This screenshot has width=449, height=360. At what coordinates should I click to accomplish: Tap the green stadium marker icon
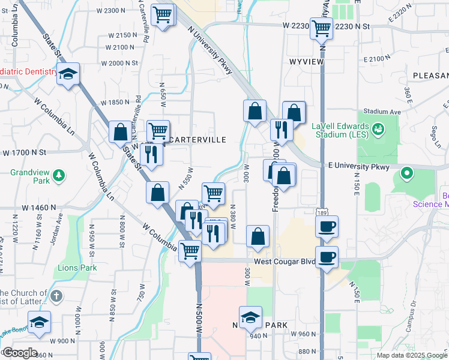(x=378, y=128)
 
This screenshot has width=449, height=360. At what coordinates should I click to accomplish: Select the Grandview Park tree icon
(x=59, y=175)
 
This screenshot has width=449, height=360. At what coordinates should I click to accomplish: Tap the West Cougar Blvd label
(x=284, y=262)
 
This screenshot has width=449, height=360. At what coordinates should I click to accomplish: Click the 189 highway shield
(x=322, y=212)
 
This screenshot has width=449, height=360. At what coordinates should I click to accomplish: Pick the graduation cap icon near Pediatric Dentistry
(x=69, y=74)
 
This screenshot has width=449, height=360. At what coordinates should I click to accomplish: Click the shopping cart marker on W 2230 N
(x=321, y=27)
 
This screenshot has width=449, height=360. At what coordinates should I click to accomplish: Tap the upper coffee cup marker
(x=327, y=227)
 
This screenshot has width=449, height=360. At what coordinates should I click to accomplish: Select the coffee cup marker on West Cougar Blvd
(x=327, y=257)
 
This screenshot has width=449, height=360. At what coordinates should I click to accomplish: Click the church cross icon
(x=56, y=296)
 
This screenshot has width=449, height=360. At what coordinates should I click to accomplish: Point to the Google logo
(x=19, y=353)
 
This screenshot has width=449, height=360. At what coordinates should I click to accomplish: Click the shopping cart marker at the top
(x=163, y=15)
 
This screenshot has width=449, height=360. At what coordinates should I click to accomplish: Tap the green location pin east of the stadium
(x=406, y=175)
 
